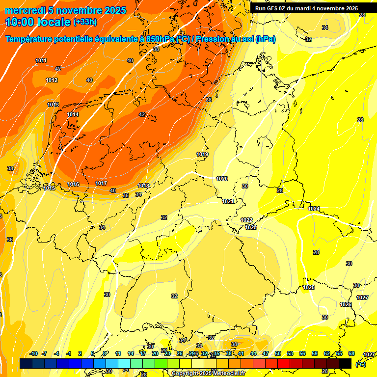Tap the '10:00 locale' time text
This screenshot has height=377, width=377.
(38, 22)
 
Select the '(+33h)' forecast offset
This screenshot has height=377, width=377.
(85, 22)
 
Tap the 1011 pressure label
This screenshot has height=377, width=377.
(41, 60)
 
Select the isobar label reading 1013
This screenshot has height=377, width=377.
(53, 105)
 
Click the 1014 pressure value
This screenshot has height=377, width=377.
(73, 114)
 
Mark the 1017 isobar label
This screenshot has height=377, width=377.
(101, 183)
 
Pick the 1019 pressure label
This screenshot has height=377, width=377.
(202, 154)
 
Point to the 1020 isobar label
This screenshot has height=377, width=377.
(222, 179)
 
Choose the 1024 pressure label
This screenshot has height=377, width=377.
(314, 209)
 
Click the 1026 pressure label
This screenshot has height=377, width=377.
(346, 304)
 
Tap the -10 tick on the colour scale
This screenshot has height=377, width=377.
(33, 353)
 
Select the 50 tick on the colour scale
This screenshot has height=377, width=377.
(278, 353)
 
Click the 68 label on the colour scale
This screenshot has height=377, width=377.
(351, 353)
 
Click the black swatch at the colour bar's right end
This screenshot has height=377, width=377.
(345, 363)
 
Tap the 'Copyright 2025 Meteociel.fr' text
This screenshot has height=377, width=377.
(209, 373)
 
